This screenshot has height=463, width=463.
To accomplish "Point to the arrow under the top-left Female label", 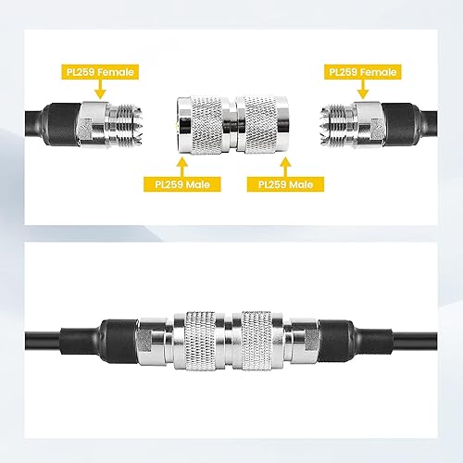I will tap(103, 87).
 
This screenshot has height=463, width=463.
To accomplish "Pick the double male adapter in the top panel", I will tap(231, 123).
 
